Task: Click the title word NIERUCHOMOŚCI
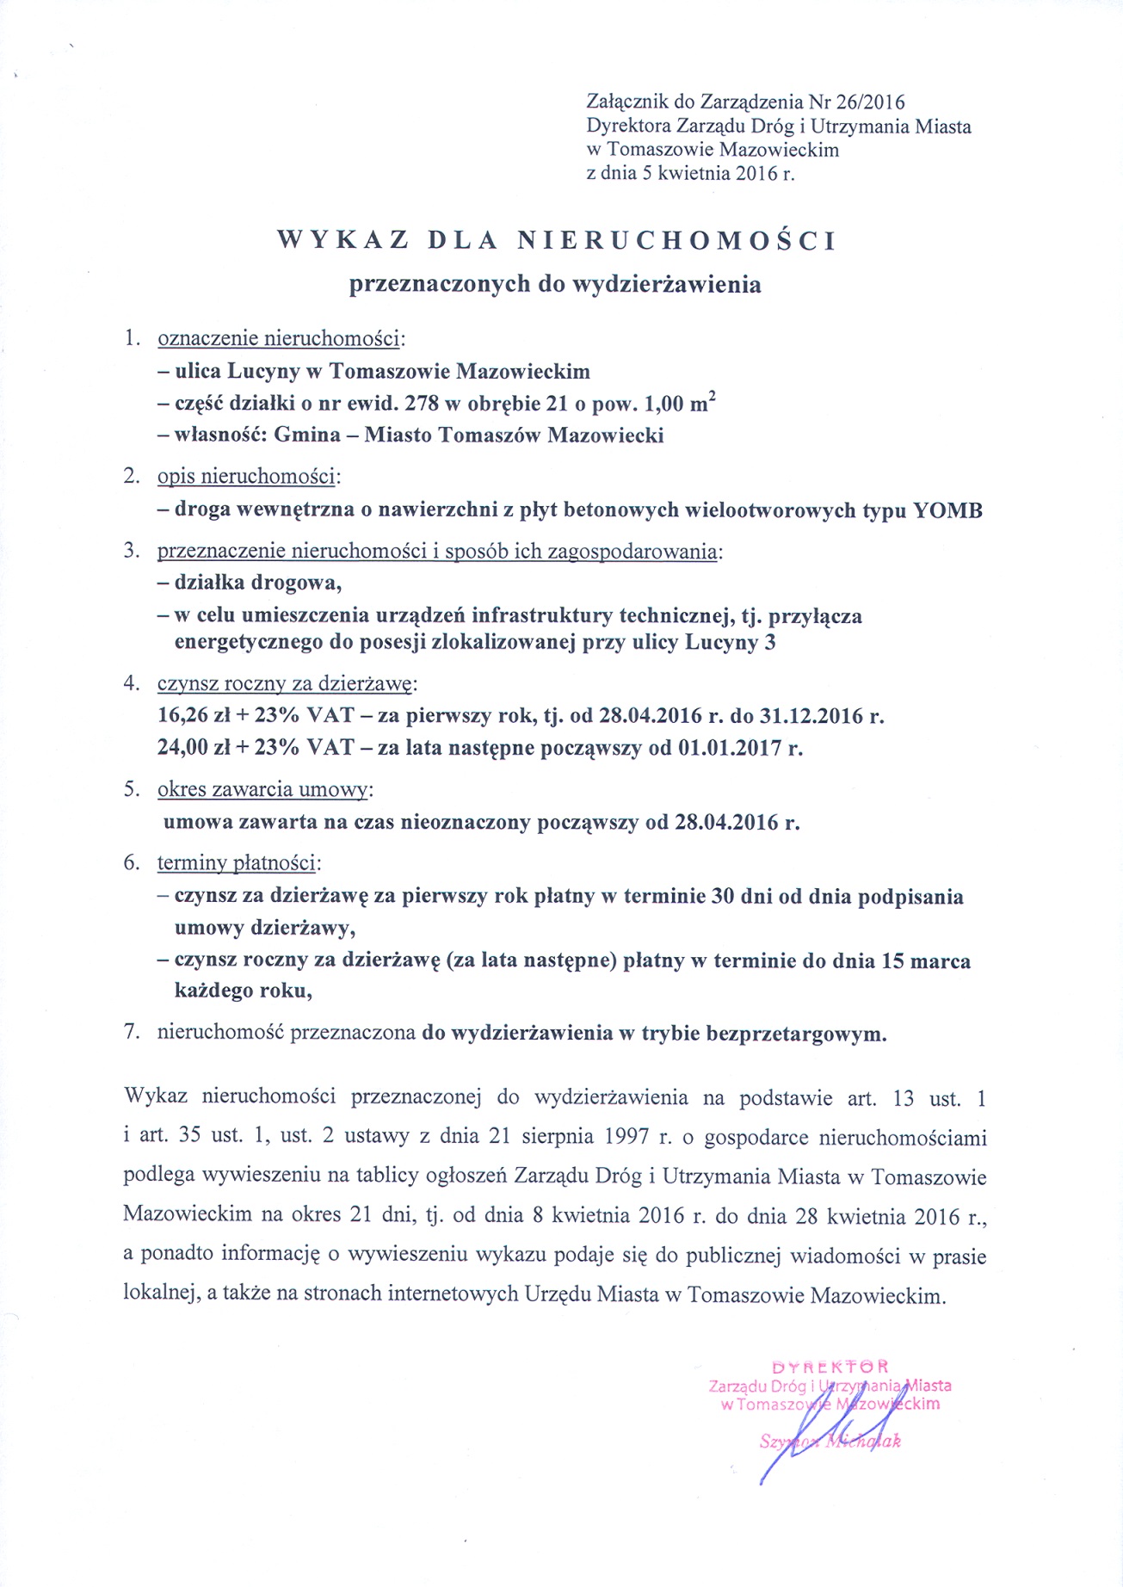point(676,240)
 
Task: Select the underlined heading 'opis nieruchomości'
point(248,476)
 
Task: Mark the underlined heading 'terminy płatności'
point(238,862)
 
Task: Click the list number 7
point(131,1033)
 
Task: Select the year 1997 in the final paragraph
point(621,1136)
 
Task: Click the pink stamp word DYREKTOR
point(830,1366)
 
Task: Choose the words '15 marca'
point(926,960)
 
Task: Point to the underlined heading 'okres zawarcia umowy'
point(263,789)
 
